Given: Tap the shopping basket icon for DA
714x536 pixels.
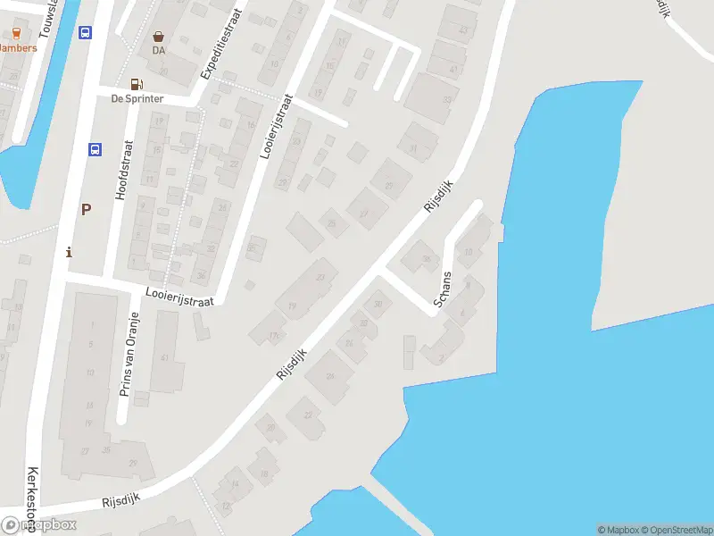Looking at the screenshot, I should pyautogui.click(x=159, y=37).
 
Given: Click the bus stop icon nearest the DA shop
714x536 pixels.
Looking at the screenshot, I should pyautogui.click(x=85, y=33).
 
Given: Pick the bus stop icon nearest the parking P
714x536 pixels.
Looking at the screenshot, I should pyautogui.click(x=95, y=149).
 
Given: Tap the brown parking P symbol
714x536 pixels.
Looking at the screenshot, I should pyautogui.click(x=86, y=210).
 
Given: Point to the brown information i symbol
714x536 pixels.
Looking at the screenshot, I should pyautogui.click(x=70, y=253).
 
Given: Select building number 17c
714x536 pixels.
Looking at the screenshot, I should pyautogui.click(x=273, y=336).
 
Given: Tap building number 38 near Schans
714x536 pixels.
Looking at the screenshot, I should pyautogui.click(x=426, y=259).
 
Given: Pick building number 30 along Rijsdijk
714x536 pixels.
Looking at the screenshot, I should pyautogui.click(x=378, y=305).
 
